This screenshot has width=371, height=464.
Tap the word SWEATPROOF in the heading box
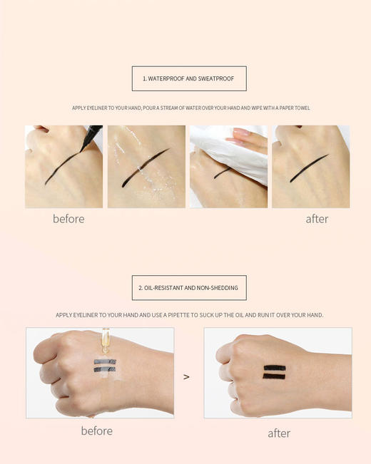[218, 78]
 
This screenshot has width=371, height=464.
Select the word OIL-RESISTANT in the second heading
[168, 288]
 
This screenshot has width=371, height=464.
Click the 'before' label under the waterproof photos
[68, 219]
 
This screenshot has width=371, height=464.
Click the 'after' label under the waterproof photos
[317, 219]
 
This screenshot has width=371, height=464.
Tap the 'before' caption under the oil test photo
[96, 431]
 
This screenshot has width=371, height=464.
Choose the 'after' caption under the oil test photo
[279, 433]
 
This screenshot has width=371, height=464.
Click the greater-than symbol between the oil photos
[186, 376]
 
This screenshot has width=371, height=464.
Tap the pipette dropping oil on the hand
[105, 341]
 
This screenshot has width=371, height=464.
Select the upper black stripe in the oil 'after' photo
[275, 368]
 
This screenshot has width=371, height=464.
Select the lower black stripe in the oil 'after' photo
[275, 376]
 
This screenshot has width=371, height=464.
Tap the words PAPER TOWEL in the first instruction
[294, 108]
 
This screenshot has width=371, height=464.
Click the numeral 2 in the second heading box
[140, 288]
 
